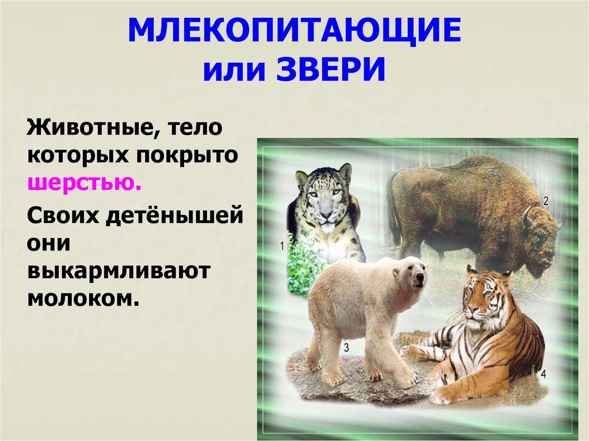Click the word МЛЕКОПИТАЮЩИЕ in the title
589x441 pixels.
tap(294, 33)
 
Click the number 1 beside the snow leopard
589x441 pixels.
tap(282, 246)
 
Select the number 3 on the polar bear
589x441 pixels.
tap(346, 347)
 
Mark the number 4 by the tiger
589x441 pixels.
tap(543, 374)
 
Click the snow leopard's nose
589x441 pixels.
tap(326, 216)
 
